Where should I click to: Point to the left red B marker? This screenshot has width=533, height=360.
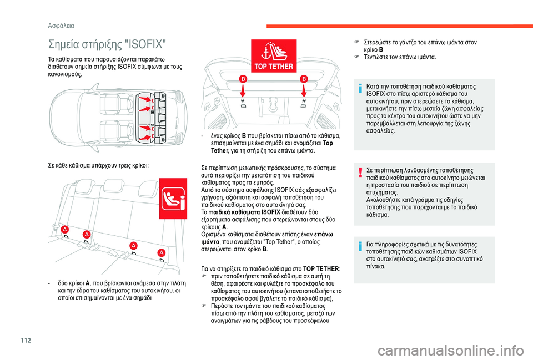[x=243, y=80]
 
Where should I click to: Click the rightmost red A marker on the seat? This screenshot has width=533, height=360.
[x=162, y=252]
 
